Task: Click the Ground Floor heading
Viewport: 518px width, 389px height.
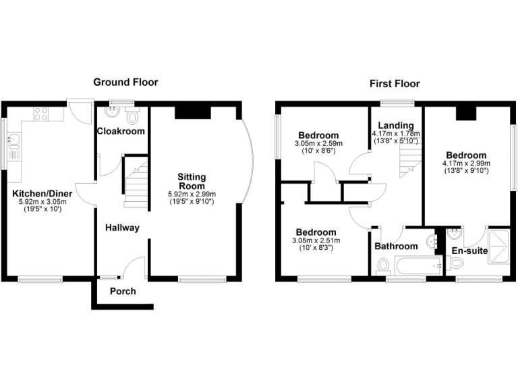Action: click(125, 82)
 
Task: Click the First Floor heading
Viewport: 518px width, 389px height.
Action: click(395, 84)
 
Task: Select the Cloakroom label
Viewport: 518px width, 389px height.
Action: click(121, 131)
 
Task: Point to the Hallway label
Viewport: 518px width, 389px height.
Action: click(122, 228)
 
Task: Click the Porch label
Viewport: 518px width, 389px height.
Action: click(123, 291)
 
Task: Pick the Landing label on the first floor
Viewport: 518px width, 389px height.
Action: click(395, 126)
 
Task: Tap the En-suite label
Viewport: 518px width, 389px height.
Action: click(467, 250)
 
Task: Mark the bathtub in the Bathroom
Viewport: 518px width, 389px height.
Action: click(418, 265)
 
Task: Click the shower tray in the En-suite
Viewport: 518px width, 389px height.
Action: click(499, 246)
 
